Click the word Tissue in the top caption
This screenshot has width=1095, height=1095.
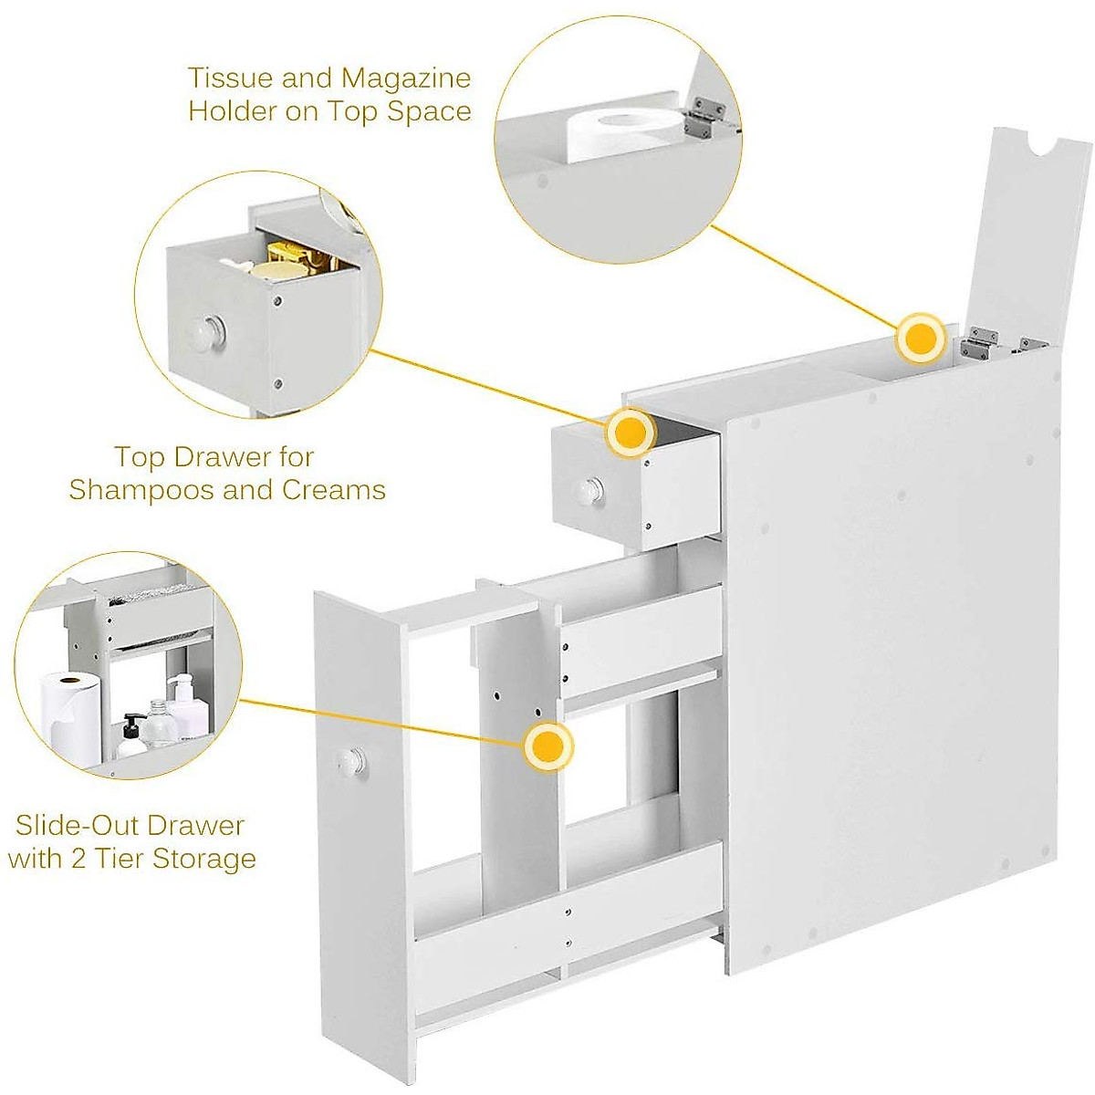click(230, 78)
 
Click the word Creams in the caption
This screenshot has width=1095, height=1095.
click(333, 490)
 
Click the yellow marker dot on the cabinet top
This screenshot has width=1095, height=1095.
click(919, 339)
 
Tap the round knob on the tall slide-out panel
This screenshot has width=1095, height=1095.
click(349, 757)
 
